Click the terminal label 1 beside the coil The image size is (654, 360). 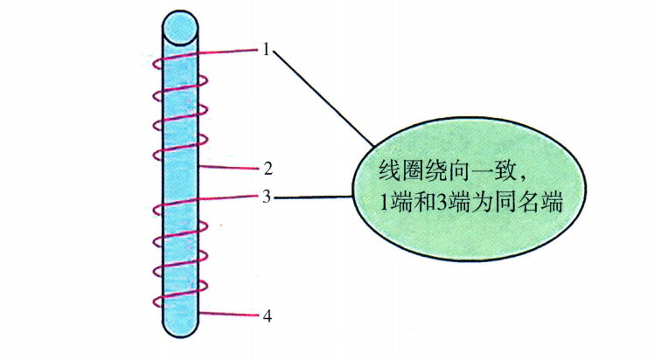[x=265, y=49]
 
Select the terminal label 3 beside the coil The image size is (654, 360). [x=266, y=197]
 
